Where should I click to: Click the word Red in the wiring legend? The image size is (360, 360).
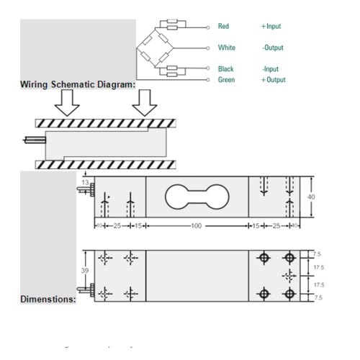223,26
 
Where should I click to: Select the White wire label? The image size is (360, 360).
226,48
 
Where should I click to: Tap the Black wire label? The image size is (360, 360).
225,69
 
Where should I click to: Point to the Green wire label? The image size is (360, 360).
226,80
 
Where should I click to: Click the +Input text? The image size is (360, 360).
271,26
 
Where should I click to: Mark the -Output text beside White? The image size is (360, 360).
272,48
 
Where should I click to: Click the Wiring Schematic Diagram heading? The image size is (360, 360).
78,85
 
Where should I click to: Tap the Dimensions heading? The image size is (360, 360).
48,297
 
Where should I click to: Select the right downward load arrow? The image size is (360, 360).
145,103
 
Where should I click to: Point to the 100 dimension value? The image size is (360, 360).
197,227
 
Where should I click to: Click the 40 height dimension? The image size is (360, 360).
312,197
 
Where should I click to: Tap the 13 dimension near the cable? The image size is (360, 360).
86,184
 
